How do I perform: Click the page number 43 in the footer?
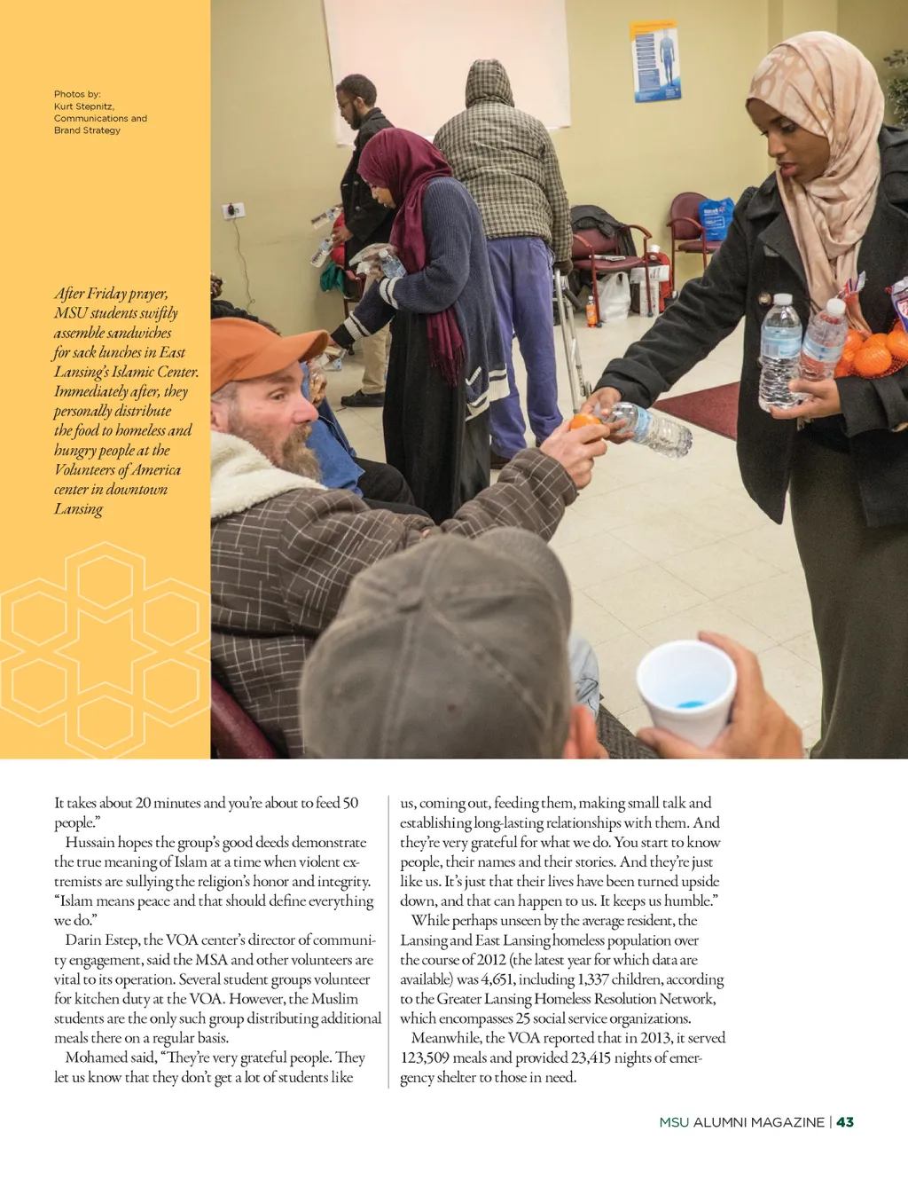pyautogui.click(x=845, y=1122)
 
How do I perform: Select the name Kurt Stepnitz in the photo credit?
pyautogui.click(x=84, y=106)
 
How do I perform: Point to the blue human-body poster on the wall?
pyautogui.click(x=656, y=60)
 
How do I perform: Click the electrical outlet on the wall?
pyautogui.click(x=233, y=210)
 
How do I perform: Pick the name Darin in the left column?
pyautogui.click(x=82, y=939)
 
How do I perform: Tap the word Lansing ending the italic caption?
pyautogui.click(x=78, y=509)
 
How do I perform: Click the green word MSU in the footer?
pyautogui.click(x=674, y=1122)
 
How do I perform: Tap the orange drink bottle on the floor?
pyautogui.click(x=591, y=311)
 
